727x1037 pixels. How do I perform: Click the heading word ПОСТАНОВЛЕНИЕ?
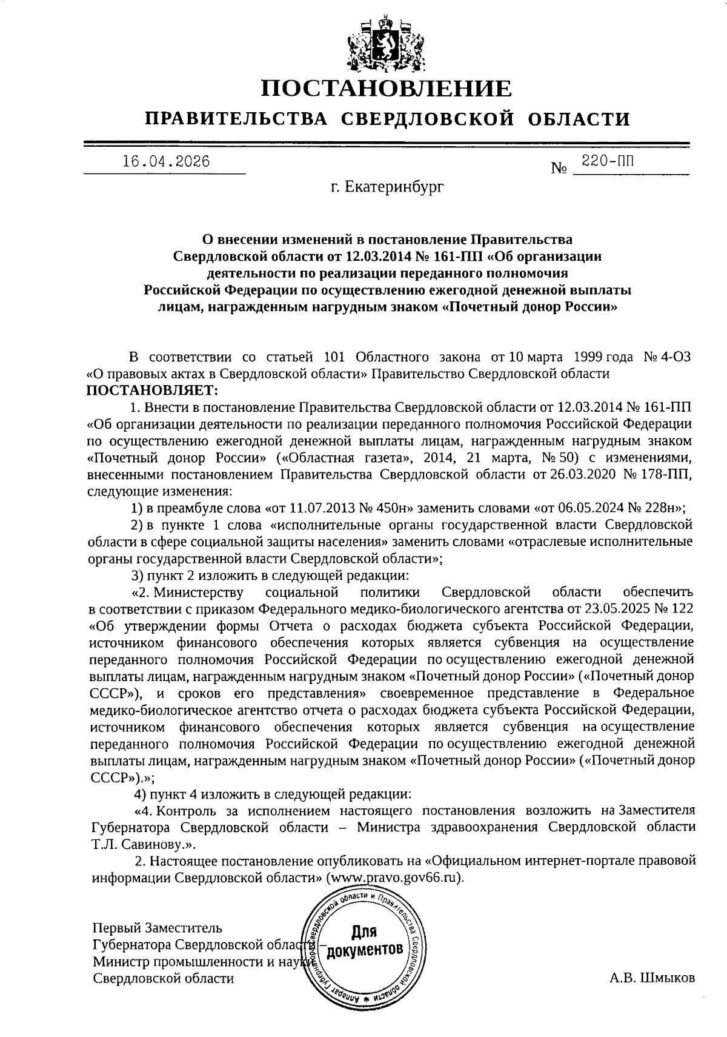pyautogui.click(x=386, y=89)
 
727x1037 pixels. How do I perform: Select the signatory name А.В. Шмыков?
pyautogui.click(x=652, y=978)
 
